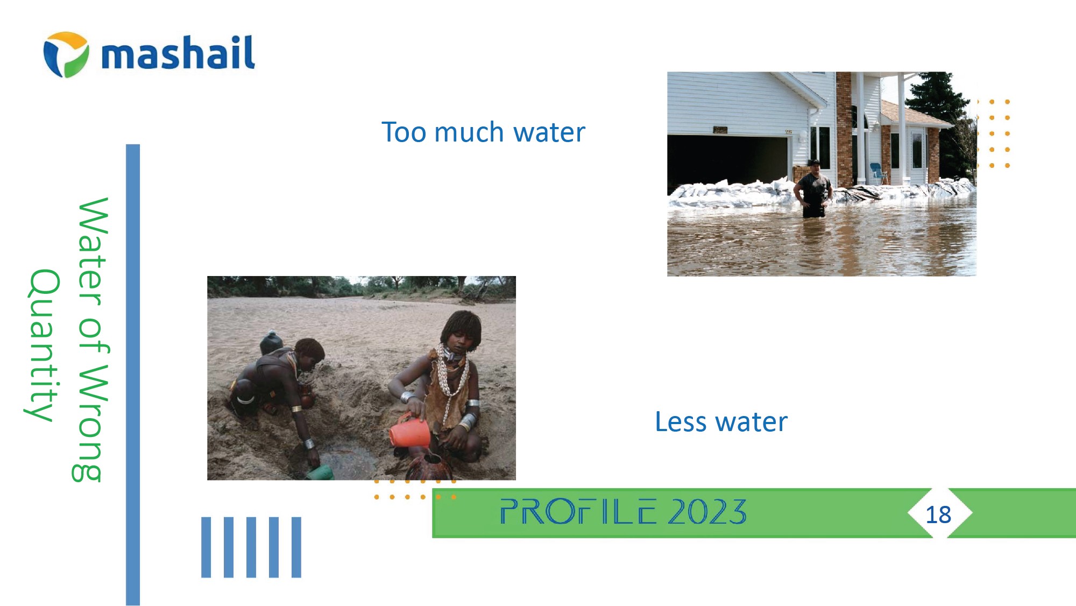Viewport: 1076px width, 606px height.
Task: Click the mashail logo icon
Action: click(66, 54)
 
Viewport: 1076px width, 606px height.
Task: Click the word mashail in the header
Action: click(178, 53)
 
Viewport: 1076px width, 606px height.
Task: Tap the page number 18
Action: click(938, 515)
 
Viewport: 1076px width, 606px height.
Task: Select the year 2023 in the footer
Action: click(707, 511)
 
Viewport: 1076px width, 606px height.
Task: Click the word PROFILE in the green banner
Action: click(578, 511)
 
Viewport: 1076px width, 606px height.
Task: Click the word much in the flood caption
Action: click(469, 132)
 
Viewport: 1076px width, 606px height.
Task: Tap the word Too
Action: click(404, 132)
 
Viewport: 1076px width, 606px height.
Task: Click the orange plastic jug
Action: click(410, 431)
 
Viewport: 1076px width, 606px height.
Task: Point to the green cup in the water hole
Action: click(320, 473)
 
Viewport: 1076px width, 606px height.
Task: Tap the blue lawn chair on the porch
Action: click(879, 173)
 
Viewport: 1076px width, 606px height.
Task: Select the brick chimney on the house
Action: click(844, 129)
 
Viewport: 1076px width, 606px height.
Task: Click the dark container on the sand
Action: click(271, 342)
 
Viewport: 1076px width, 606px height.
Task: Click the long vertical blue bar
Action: click(133, 375)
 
